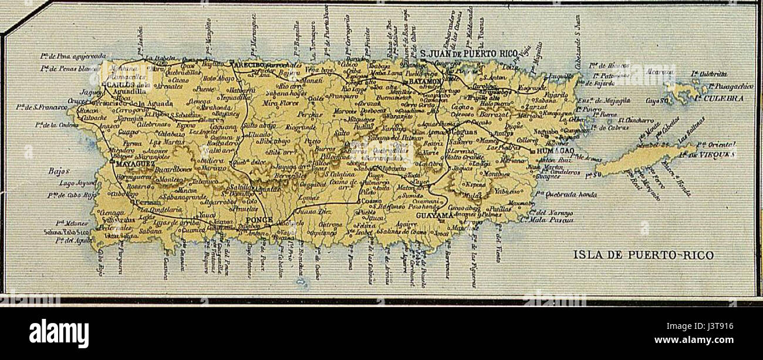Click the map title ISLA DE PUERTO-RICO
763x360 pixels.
point(643,255)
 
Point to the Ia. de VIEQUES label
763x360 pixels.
point(715,154)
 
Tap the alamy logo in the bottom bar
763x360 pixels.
point(59,334)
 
